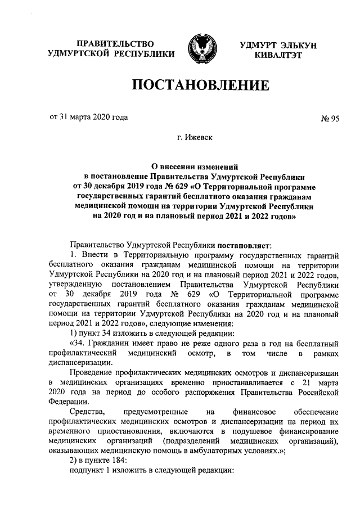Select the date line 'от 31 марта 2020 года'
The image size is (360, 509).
tap(89, 118)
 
